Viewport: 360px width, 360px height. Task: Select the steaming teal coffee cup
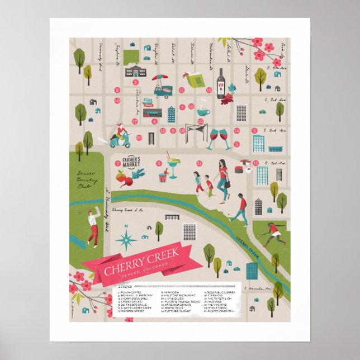coord(203,111)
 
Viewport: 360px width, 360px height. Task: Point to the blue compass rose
coord(126,239)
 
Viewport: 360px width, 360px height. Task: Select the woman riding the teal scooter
coord(120,135)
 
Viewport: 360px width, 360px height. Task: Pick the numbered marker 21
coord(199,163)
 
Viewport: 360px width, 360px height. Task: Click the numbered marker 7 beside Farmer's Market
coord(117,163)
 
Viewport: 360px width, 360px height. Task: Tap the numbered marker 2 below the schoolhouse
coord(135,82)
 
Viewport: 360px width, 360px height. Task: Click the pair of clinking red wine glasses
coord(220,138)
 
